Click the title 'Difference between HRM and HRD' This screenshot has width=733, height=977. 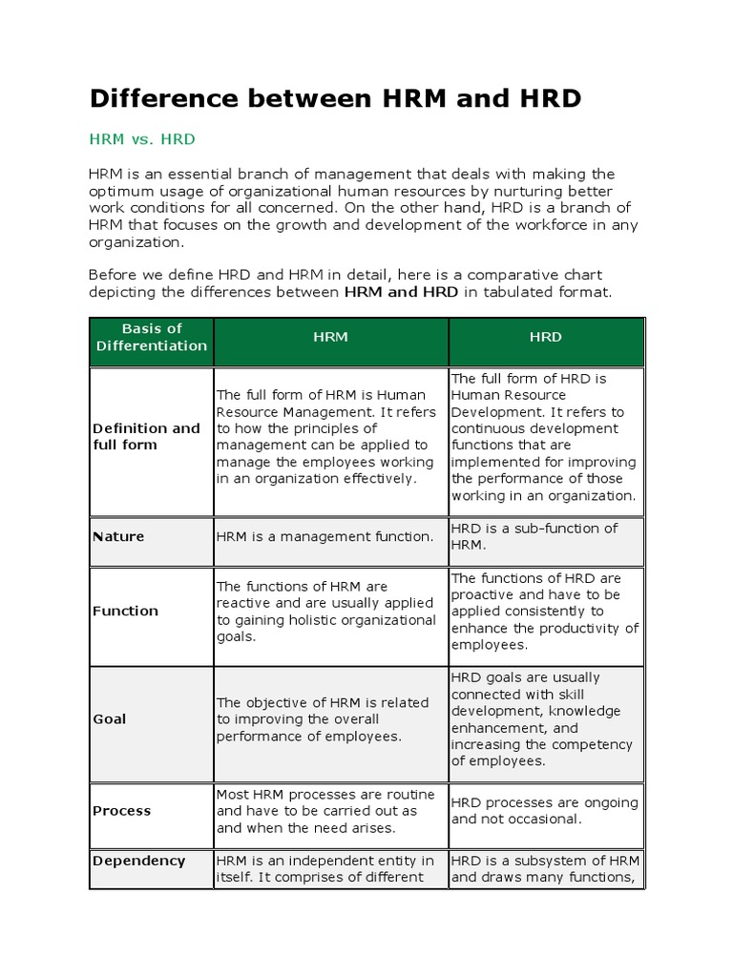(x=335, y=98)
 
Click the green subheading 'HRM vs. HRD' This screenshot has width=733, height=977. (x=142, y=139)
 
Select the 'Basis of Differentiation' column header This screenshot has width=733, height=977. (x=152, y=337)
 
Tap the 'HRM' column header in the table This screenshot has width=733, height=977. (x=331, y=337)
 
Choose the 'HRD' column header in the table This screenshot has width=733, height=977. (x=546, y=337)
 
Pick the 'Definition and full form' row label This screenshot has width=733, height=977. (x=146, y=436)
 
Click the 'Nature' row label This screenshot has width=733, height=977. (x=118, y=536)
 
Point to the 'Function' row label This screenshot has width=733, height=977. (x=125, y=611)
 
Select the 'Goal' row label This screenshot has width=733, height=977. (x=109, y=718)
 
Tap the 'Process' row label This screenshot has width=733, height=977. (x=121, y=811)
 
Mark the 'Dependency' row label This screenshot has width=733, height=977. (x=138, y=861)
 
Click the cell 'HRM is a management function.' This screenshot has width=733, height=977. (x=325, y=536)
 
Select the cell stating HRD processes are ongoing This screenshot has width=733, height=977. (x=544, y=811)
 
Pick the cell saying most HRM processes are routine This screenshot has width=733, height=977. (x=325, y=811)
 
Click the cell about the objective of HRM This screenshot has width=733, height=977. (x=323, y=719)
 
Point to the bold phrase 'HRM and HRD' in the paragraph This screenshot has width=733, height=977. (x=401, y=291)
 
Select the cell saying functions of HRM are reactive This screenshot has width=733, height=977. (x=325, y=612)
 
